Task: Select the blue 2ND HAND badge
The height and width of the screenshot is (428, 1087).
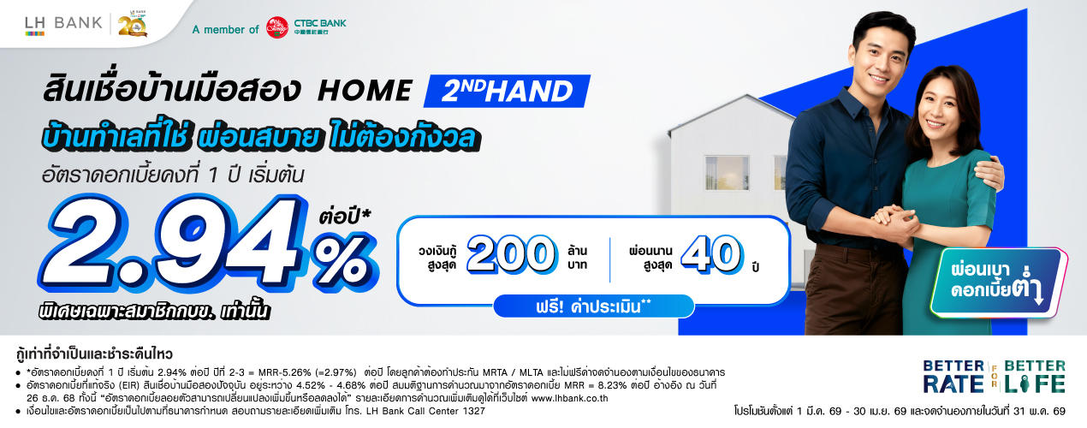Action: click(507, 91)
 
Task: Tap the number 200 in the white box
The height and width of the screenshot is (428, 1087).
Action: click(512, 253)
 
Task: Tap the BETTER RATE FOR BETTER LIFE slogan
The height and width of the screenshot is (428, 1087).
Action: click(994, 377)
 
